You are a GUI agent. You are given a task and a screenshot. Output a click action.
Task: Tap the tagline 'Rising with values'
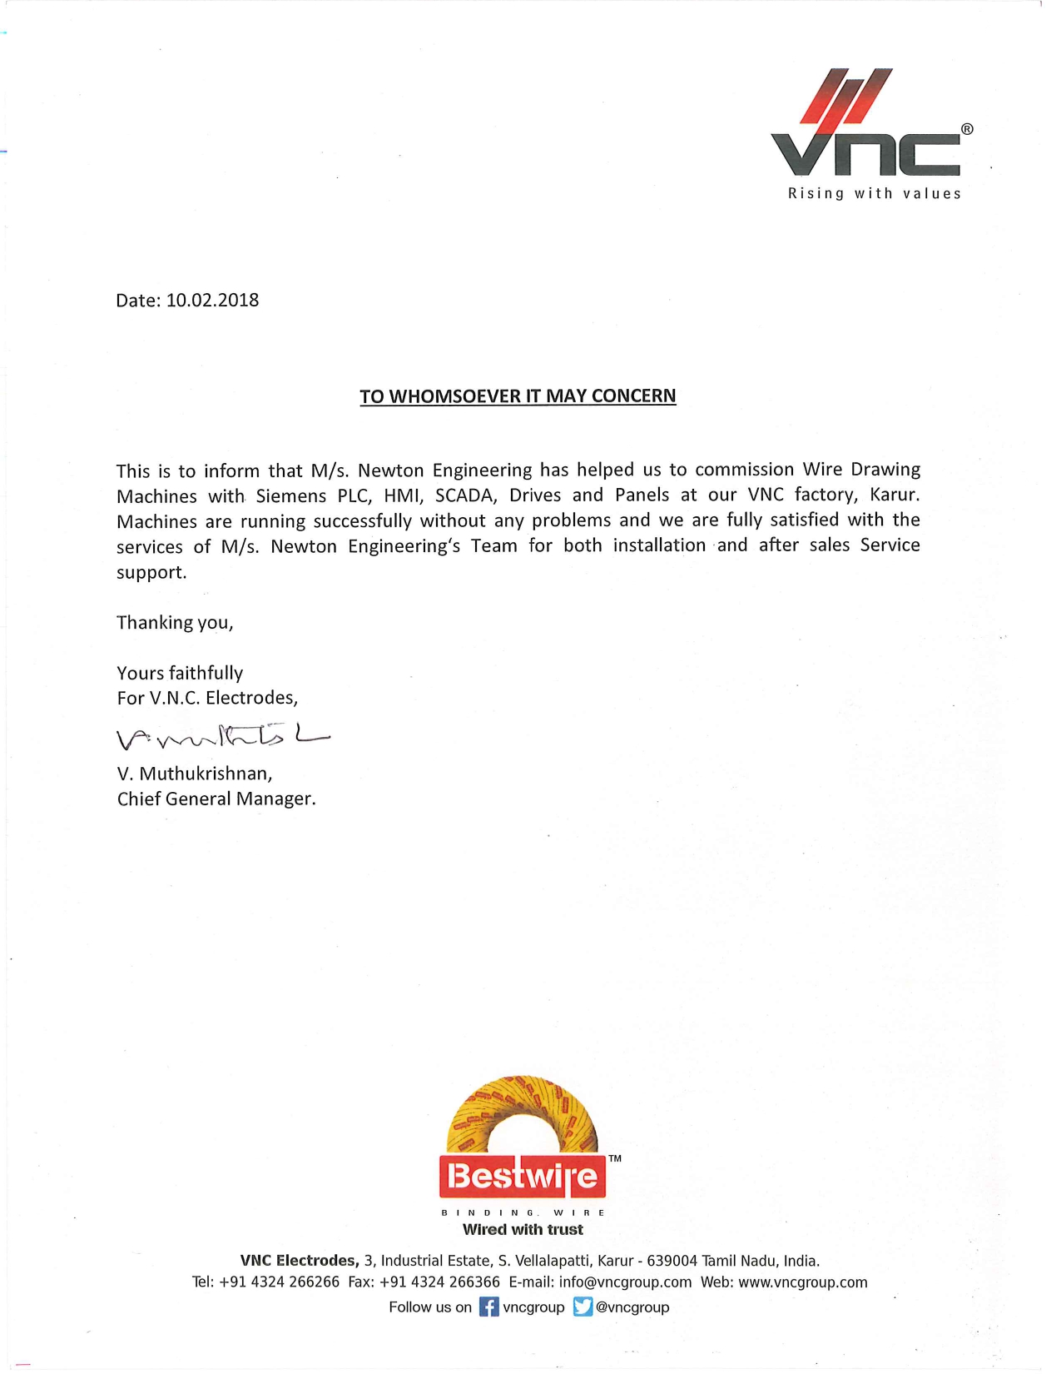[875, 194]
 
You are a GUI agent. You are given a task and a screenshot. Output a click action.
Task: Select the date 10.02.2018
[212, 300]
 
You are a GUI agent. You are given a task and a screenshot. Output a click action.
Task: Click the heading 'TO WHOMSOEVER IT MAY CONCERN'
[518, 396]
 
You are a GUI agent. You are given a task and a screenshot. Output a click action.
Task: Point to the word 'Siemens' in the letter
[290, 496]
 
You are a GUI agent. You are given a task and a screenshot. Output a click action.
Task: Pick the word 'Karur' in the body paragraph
[894, 495]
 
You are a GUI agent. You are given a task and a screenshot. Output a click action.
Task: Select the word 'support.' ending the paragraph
[151, 573]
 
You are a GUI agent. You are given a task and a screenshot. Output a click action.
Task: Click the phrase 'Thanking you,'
[175, 623]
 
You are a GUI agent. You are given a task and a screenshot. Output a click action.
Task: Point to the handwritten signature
[221, 734]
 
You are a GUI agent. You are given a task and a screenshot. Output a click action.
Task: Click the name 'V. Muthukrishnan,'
[195, 774]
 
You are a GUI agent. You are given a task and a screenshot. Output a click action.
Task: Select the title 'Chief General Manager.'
[216, 799]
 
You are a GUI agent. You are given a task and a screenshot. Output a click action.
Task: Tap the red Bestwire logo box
[523, 1176]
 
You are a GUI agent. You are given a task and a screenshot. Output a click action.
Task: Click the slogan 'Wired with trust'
[523, 1230]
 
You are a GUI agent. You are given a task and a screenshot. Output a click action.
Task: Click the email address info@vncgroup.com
[625, 1282]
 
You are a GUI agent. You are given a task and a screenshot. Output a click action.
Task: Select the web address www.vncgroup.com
[802, 1282]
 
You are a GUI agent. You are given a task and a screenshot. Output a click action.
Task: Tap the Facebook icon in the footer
[489, 1307]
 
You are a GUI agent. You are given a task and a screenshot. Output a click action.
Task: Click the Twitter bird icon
[583, 1307]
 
